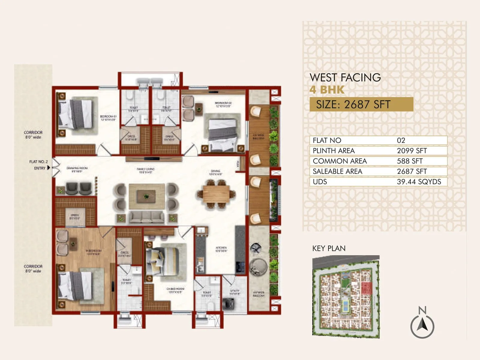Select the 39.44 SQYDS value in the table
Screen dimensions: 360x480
[419, 182]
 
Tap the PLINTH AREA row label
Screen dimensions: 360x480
[334, 151]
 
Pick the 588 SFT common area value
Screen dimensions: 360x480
[409, 161]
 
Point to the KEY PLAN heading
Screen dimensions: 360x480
[329, 248]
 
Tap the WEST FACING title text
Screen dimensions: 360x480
[345, 78]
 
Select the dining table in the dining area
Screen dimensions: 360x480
[216, 194]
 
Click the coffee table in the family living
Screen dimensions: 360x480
[146, 196]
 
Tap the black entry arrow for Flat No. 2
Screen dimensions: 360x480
[49, 168]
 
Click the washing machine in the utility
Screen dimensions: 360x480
[228, 303]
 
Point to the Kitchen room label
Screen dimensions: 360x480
[221, 249]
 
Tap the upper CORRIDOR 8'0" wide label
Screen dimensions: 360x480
[33, 135]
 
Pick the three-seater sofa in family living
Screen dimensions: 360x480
[146, 217]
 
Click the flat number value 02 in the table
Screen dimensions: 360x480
[401, 140]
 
